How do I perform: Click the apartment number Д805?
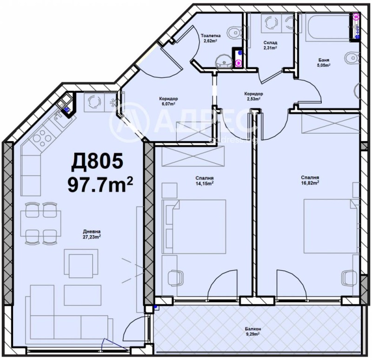pos(97,162)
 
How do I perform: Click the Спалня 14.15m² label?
pos(205,180)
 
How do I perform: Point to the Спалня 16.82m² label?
pos(310,180)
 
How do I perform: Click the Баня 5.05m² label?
pos(324,63)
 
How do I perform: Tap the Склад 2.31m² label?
pos(270,45)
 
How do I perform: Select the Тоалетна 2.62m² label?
pos(211,38)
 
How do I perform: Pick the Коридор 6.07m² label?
pos(168,101)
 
